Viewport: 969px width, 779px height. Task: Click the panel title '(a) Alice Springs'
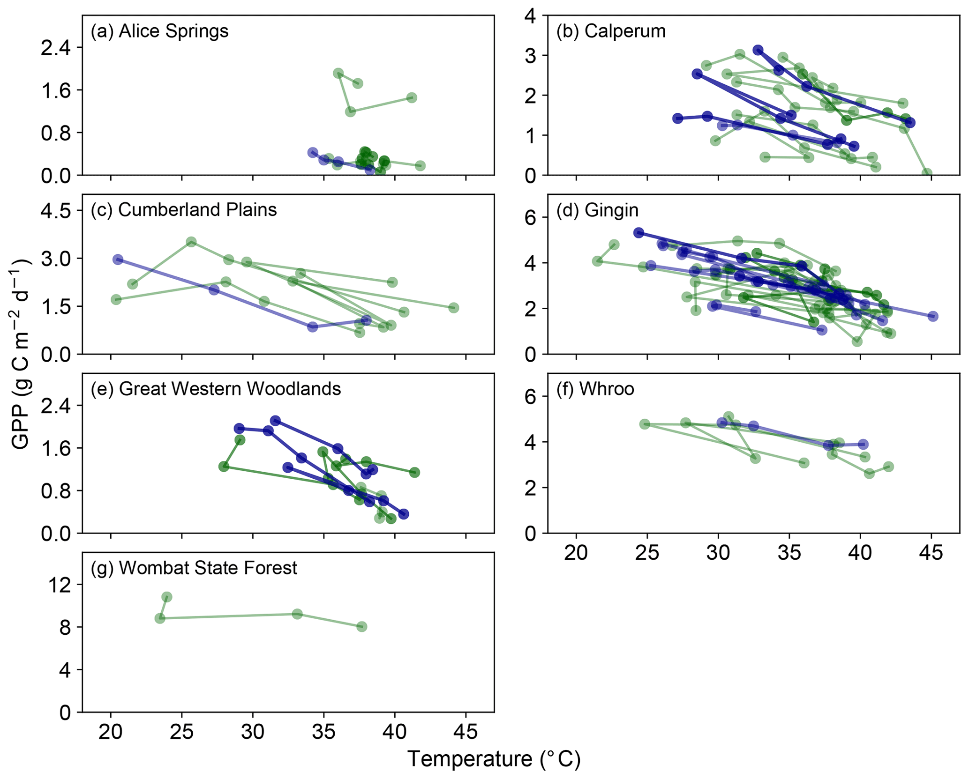coord(159,31)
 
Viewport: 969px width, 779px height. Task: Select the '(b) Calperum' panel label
coord(611,31)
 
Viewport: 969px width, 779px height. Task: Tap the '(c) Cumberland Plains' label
coord(183,210)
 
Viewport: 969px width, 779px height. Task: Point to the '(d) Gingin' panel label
coord(597,210)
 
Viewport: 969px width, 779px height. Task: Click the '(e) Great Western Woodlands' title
coord(216,389)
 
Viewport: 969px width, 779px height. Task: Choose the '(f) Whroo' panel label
coord(595,389)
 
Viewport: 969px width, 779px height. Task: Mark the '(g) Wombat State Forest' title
coord(194,568)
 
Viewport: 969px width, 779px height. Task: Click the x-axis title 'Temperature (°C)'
coord(494,759)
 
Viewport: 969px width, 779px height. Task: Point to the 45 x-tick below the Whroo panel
coord(931,553)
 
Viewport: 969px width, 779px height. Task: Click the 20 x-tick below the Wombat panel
coord(111,732)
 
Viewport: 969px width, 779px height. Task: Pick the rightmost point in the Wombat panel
coord(361,627)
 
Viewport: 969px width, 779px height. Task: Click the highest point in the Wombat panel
coord(166,597)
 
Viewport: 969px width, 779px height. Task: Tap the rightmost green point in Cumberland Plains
coord(453,308)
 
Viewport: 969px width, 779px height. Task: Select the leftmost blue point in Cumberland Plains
coord(118,260)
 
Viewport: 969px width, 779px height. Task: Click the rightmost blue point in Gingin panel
coord(933,316)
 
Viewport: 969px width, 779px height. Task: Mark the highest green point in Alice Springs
coord(338,73)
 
